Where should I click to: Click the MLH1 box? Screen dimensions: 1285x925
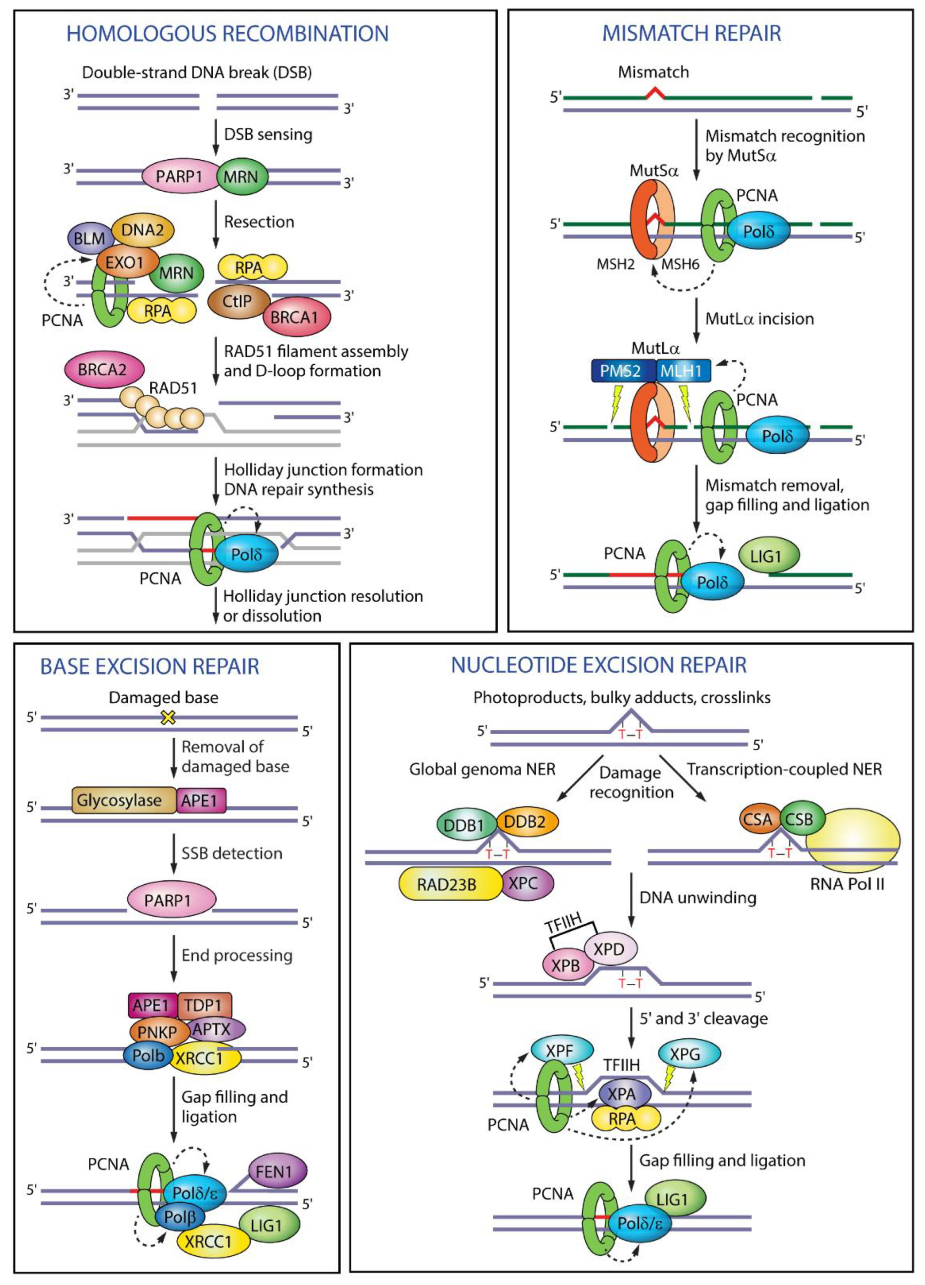682,371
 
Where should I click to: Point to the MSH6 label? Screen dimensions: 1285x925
680,264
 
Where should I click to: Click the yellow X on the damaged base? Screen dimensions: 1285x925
168,718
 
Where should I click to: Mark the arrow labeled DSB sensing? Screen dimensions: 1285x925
215,136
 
